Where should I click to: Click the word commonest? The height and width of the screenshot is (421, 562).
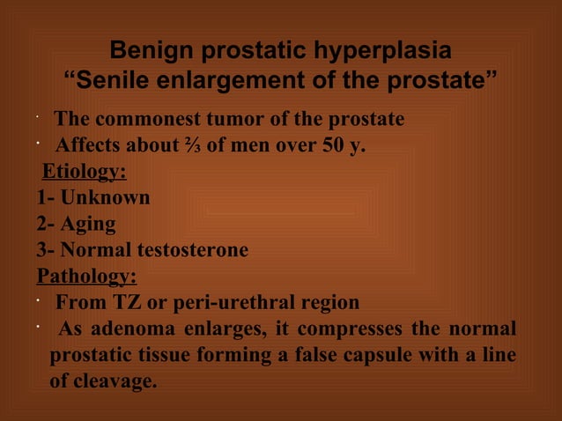click(155, 119)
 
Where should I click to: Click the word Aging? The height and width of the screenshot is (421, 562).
click(88, 224)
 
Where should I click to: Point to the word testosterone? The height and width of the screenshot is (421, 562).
click(189, 250)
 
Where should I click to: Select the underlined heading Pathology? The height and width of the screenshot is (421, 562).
click(86, 277)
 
